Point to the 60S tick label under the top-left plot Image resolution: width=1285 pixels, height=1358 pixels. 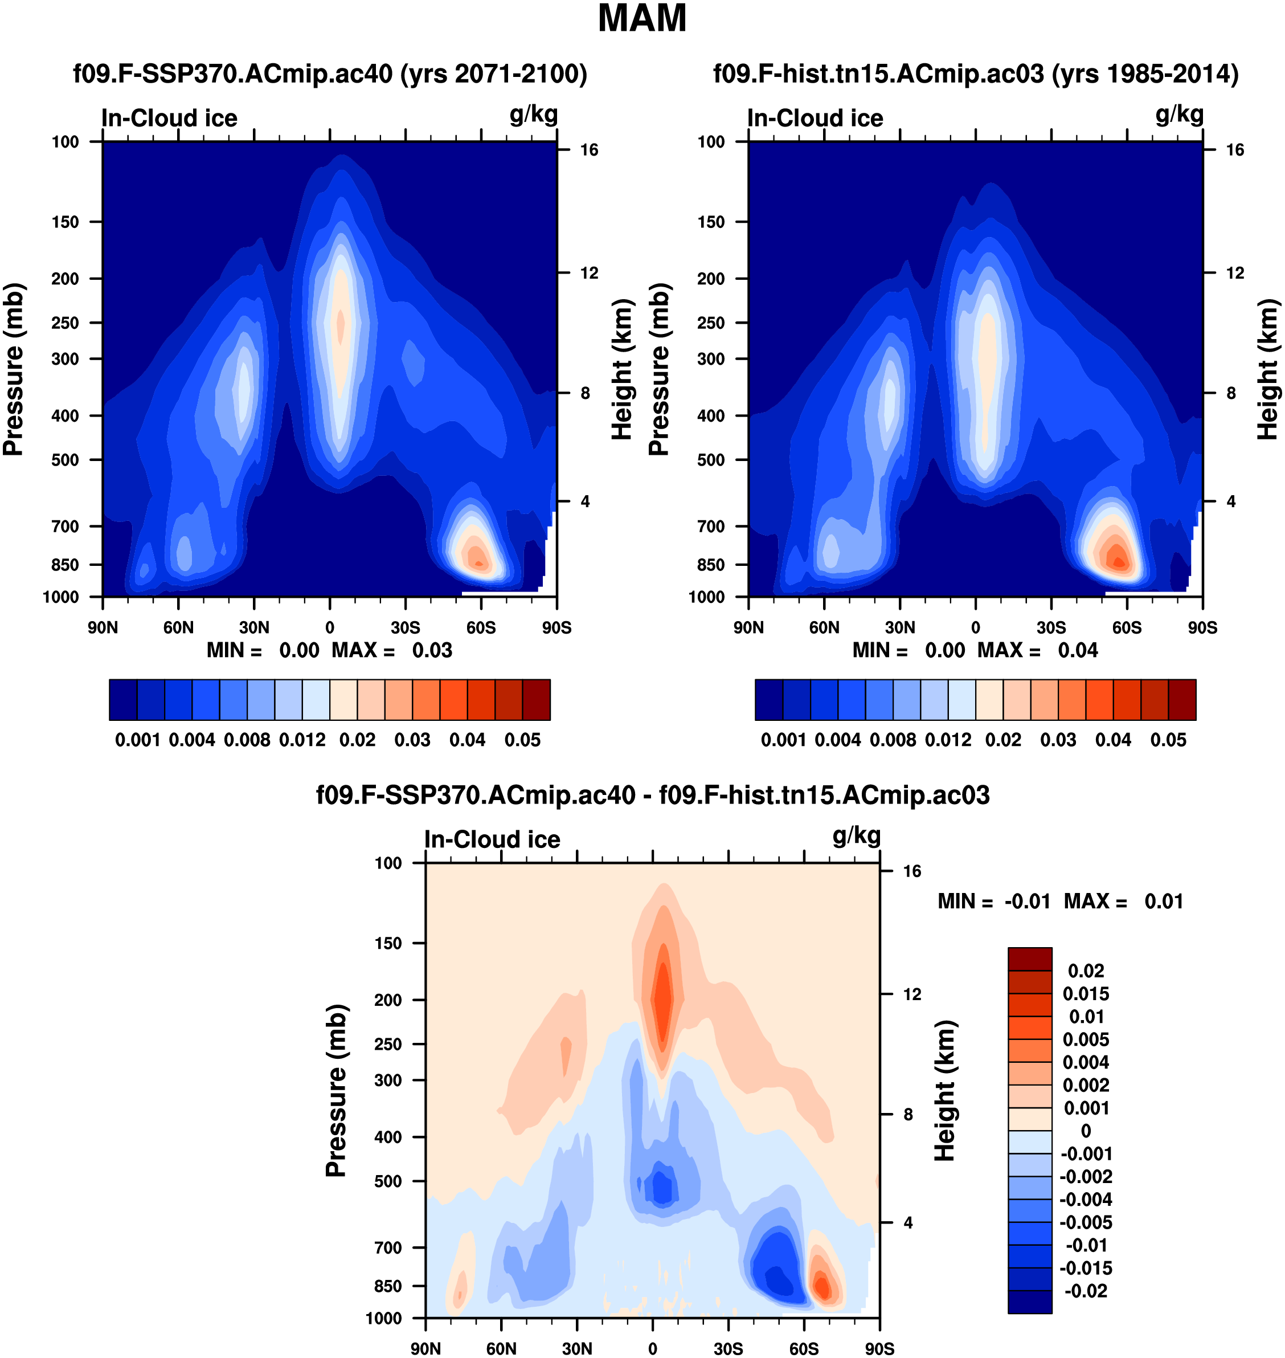point(481,627)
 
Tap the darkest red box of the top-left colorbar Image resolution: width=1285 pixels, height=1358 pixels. point(537,700)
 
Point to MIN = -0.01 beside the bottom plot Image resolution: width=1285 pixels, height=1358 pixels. point(994,902)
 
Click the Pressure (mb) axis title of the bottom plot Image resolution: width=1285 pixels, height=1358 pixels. point(336,1091)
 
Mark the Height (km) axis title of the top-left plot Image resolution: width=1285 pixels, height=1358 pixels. point(621,370)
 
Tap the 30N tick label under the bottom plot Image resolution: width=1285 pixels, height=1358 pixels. point(578,1348)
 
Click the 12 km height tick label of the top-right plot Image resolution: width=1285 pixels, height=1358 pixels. point(1235,274)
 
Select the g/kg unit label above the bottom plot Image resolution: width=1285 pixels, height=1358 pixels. point(856,836)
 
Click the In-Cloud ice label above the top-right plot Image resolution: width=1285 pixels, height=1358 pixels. point(815,119)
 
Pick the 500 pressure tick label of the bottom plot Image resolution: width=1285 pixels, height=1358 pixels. point(388,1182)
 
